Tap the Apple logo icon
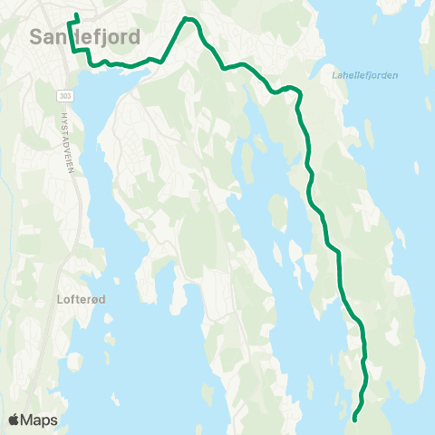(15, 420)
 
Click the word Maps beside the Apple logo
(42, 420)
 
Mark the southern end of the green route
(354, 420)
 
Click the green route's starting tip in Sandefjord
(76, 14)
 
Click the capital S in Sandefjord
(37, 37)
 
